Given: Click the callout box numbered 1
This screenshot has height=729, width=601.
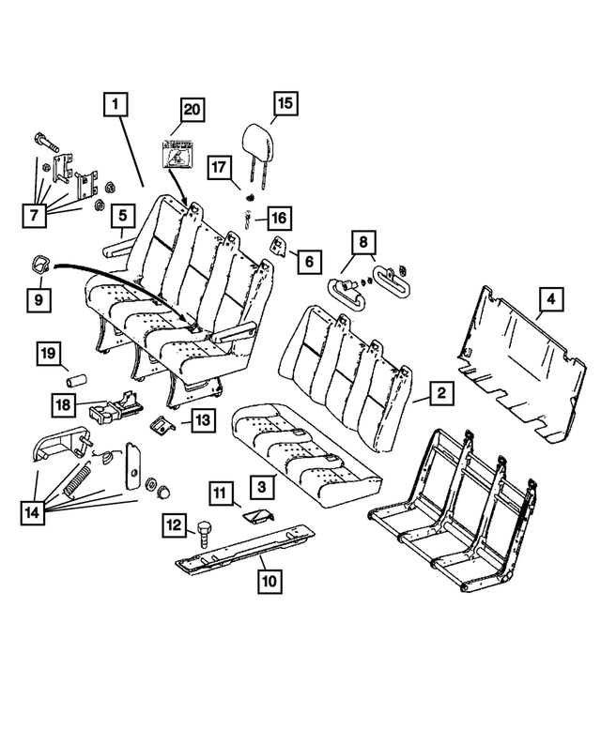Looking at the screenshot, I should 116,107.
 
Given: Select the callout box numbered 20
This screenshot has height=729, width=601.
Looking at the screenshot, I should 192,110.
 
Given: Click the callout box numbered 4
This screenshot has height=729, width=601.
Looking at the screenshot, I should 551,300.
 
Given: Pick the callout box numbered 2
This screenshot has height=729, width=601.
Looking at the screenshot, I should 438,394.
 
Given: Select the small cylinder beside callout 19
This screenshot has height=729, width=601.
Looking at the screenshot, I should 74,382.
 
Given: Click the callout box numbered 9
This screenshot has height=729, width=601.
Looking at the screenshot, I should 39,300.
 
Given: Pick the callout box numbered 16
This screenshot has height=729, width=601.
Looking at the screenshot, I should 278,219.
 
